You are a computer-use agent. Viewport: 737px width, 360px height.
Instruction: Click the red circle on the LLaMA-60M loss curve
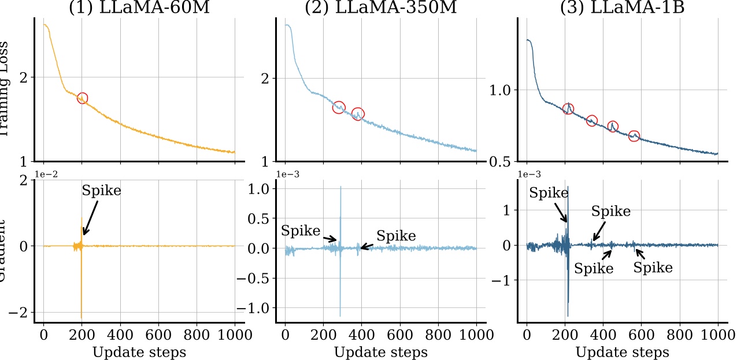coord(82,98)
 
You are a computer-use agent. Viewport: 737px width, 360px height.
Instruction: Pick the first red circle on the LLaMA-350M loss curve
coord(339,107)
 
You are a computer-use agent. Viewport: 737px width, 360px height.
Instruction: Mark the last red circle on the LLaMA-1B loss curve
coord(634,136)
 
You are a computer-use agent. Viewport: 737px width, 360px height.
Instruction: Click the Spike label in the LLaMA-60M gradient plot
coord(102,191)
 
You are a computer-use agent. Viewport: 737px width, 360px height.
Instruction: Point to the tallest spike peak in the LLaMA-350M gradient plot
coord(340,187)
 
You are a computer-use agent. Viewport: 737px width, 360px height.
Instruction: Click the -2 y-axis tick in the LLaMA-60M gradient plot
coord(20,312)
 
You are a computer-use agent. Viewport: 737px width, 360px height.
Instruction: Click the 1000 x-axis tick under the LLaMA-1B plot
coord(717,335)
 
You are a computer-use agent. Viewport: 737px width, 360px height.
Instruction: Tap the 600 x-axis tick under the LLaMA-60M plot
coord(158,335)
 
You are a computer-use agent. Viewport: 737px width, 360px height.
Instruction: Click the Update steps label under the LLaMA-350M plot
coord(380,352)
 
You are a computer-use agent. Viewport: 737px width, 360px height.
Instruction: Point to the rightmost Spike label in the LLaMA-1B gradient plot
coord(653,268)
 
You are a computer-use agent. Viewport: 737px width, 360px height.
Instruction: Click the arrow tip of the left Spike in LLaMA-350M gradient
coord(337,240)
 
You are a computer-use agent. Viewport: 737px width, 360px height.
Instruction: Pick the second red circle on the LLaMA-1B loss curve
coord(592,120)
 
